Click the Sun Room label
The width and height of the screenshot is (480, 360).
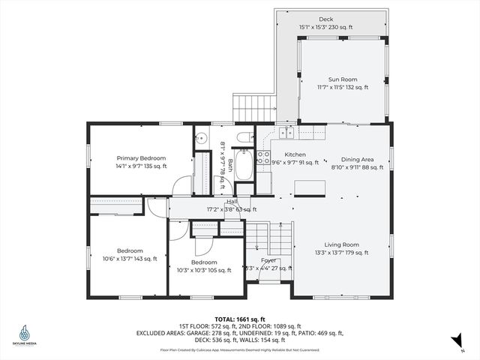(342, 79)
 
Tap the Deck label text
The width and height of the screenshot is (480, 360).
(326, 19)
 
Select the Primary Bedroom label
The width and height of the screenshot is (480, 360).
(141, 158)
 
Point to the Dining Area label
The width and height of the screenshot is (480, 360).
(357, 160)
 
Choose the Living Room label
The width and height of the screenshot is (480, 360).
(341, 244)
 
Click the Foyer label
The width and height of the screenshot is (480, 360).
(268, 260)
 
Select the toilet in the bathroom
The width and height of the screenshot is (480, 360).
(245, 137)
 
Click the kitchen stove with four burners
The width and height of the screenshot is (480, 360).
(263, 157)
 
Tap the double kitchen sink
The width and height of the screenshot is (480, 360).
(287, 133)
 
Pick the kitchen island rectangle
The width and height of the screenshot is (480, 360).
(309, 187)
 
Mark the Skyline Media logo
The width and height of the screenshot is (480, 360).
(26, 334)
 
